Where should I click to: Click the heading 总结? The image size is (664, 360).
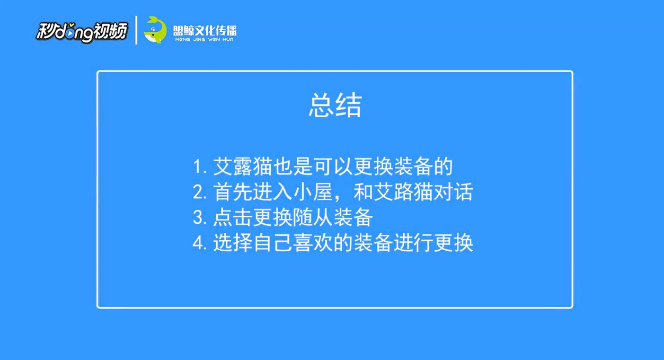(335, 106)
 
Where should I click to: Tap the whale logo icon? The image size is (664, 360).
(155, 30)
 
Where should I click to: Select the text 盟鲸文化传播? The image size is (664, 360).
(205, 29)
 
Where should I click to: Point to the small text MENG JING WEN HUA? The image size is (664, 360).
(204, 39)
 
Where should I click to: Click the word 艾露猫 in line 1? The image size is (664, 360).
(242, 167)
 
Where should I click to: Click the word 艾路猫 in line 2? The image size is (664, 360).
(400, 192)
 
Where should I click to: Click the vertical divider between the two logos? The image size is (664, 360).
(137, 30)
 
